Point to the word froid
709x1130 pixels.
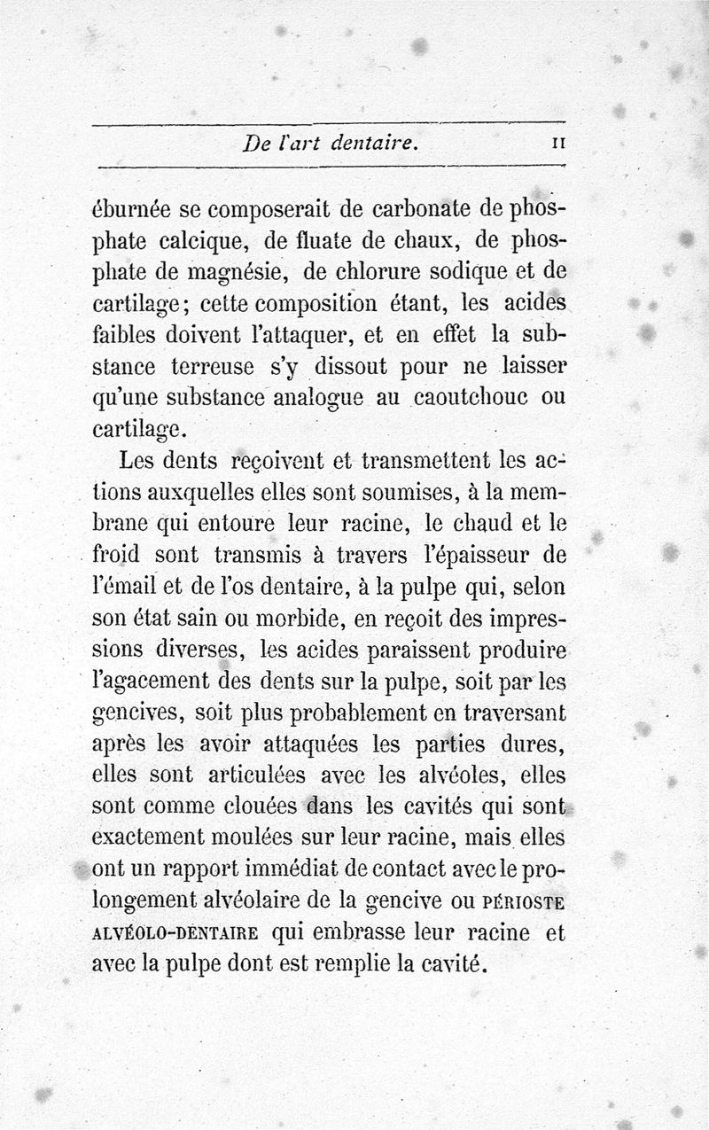pyautogui.click(x=116, y=555)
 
